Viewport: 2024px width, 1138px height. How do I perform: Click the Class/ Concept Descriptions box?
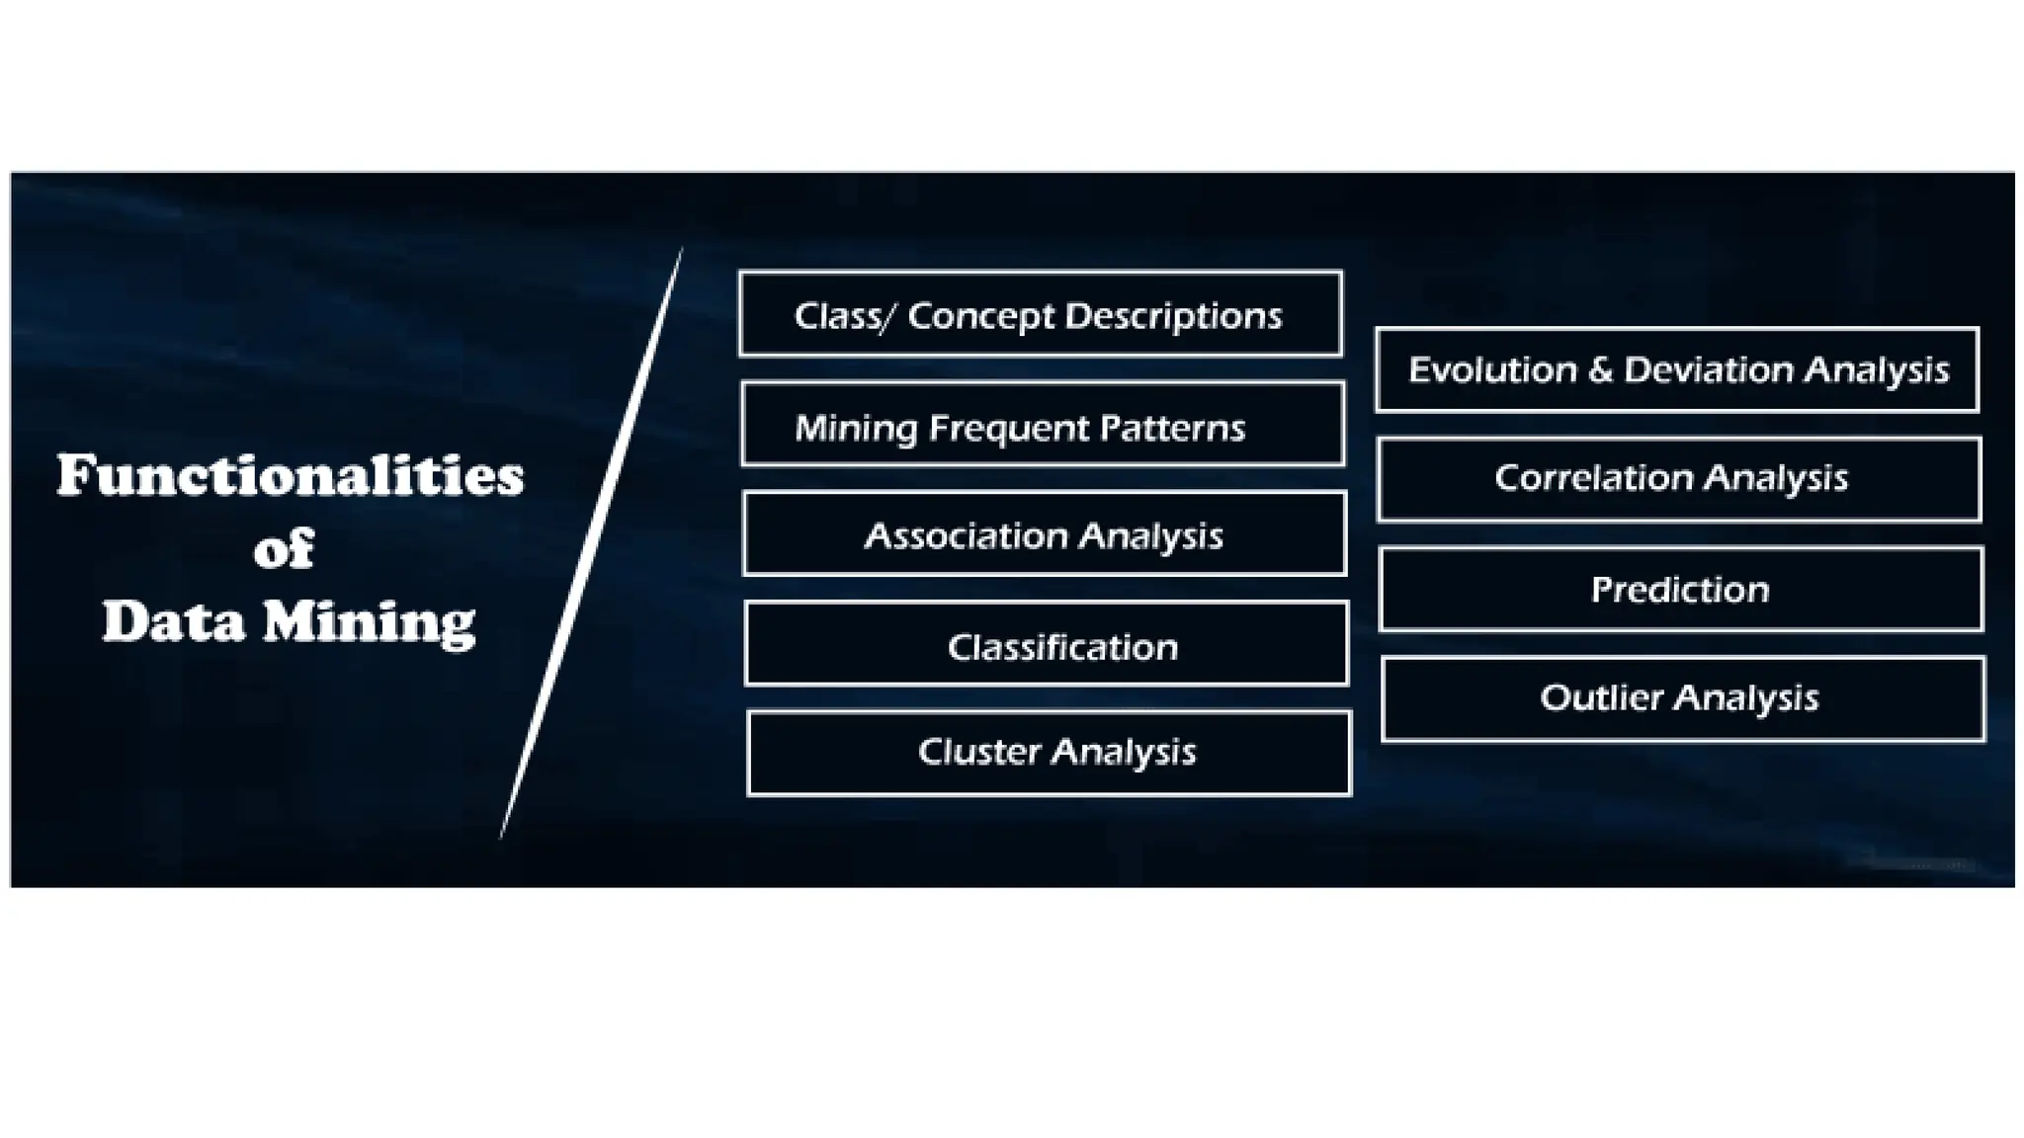pyautogui.click(x=1040, y=314)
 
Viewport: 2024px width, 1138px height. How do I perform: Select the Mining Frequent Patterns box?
pyautogui.click(x=1042, y=425)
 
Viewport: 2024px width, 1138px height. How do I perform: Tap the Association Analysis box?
pyautogui.click(x=1044, y=534)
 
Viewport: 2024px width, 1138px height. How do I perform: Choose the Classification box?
pyautogui.click(x=1046, y=644)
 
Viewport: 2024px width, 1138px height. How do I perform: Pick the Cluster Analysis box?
pyautogui.click(x=1049, y=753)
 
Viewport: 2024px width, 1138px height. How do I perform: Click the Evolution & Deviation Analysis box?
pyautogui.click(x=1677, y=369)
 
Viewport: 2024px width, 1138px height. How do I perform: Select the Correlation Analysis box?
pyautogui.click(x=1679, y=479)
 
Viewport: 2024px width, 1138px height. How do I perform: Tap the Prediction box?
pyautogui.click(x=1680, y=589)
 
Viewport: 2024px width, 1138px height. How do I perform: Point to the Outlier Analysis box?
pyautogui.click(x=1682, y=698)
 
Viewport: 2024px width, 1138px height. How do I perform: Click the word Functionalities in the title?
pyautogui.click(x=290, y=476)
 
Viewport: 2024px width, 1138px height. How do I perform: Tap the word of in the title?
pyautogui.click(x=284, y=549)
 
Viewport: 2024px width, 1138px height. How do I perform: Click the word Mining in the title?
pyautogui.click(x=369, y=623)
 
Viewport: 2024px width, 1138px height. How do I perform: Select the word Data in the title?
pyautogui.click(x=173, y=622)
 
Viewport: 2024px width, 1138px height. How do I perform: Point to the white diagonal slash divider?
pyautogui.click(x=591, y=543)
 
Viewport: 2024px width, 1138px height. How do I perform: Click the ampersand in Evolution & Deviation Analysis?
pyautogui.click(x=1600, y=369)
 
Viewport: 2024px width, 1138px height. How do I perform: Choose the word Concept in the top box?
pyautogui.click(x=980, y=317)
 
